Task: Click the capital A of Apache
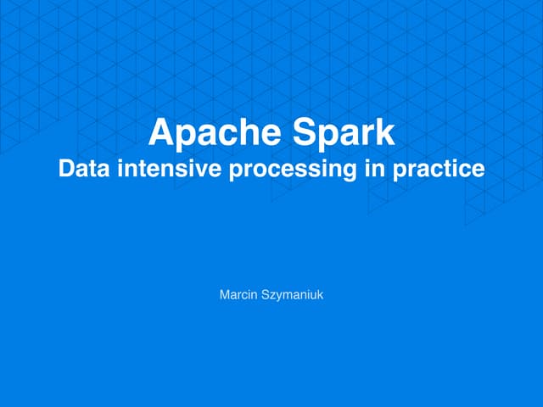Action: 160,132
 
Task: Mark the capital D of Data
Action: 65,168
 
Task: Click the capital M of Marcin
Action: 223,295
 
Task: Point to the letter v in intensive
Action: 207,169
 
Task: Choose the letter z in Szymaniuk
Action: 268,296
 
